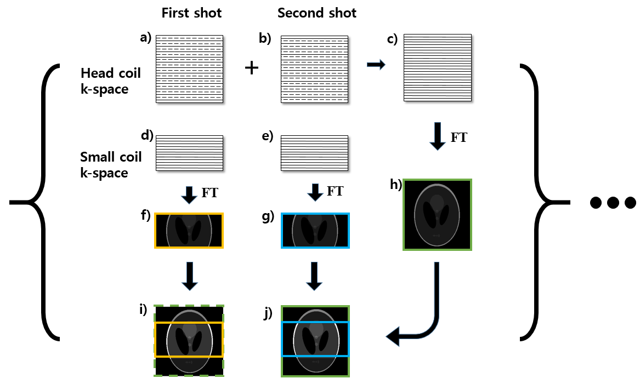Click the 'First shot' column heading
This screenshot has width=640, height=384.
[x=191, y=13]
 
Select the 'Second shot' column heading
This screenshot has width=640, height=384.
[x=317, y=13]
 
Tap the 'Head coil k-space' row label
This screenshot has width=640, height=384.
[x=111, y=81]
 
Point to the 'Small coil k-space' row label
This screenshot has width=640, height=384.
[x=111, y=165]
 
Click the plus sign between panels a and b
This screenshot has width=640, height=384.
[x=251, y=68]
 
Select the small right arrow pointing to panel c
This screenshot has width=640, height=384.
[x=376, y=65]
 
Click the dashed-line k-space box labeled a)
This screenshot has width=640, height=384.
[x=190, y=68]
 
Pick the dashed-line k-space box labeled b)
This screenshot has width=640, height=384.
[x=314, y=68]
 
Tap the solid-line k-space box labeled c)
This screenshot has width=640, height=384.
[x=437, y=67]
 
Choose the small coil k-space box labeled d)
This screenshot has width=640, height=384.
[x=190, y=152]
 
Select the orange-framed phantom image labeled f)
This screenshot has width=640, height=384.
[x=189, y=231]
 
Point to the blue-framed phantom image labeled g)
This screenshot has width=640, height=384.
[x=315, y=231]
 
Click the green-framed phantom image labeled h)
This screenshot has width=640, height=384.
[x=437, y=215]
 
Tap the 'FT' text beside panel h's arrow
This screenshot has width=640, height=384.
[x=458, y=138]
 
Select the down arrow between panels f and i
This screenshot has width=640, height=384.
[x=189, y=276]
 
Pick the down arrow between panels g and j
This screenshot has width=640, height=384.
[x=314, y=276]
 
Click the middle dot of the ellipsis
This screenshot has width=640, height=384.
[x=613, y=203]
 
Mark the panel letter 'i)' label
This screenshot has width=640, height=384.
[x=144, y=309]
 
